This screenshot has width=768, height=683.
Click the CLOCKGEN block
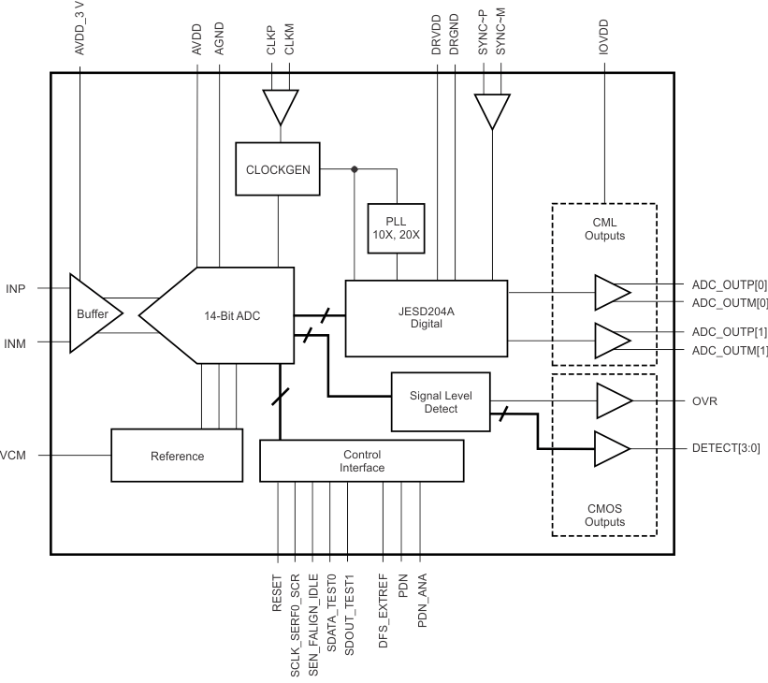click(278, 169)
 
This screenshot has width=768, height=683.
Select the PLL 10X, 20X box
click(397, 228)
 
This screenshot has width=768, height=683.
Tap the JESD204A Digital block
click(426, 317)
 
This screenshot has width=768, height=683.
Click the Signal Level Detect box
click(441, 402)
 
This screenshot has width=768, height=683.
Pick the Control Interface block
click(361, 460)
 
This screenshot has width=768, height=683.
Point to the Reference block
click(177, 457)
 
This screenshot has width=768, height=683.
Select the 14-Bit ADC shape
click(225, 315)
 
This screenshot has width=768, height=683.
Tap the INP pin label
click(16, 289)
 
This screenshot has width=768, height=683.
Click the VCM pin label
click(12, 457)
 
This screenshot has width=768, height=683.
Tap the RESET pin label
click(278, 593)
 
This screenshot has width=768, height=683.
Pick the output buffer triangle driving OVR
click(612, 400)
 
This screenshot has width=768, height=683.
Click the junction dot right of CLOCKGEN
click(354, 169)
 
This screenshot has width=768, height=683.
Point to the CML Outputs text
click(604, 229)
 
